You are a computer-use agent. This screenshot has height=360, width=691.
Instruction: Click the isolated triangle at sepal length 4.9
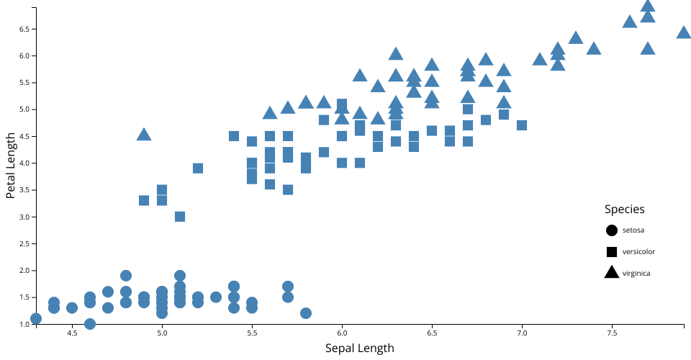coord(144,135)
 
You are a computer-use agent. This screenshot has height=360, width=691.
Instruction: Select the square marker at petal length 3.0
coord(180,217)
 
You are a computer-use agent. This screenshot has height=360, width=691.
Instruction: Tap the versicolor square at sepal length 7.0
coord(522,125)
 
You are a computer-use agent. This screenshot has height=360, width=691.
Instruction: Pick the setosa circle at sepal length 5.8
coord(306,313)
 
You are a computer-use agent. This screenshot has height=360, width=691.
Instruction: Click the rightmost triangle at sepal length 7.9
coord(684,32)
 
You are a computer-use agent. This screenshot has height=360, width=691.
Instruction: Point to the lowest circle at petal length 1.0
coord(90,324)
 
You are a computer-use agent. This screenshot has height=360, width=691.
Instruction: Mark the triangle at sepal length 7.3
coord(576,37)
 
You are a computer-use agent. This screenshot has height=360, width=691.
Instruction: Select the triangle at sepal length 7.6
coord(630,22)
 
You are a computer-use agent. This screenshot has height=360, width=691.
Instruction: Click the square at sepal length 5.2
coord(198,168)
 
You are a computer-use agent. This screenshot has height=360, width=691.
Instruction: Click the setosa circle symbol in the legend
coord(612,230)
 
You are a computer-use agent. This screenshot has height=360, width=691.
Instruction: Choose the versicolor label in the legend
coord(638,251)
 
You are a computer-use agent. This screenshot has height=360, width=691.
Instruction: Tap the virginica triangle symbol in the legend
coord(612,272)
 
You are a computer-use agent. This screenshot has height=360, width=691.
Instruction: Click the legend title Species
coord(624,210)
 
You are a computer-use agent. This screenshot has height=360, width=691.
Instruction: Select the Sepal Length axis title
coord(360,348)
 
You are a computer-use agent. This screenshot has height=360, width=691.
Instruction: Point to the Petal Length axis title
coord(12,166)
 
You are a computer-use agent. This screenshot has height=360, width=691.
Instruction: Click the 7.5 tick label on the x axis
coord(612,333)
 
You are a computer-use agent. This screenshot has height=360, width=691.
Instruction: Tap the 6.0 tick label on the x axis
coord(342,333)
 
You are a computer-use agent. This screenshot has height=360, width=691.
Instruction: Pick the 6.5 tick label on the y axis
coord(24,30)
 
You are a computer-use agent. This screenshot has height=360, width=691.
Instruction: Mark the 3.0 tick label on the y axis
coord(24,217)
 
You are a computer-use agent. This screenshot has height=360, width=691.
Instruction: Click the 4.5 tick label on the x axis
coord(72,333)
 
